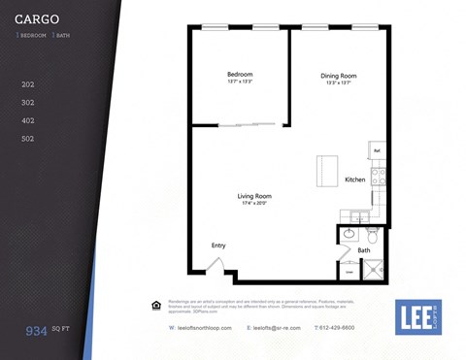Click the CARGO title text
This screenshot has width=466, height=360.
tap(37, 18)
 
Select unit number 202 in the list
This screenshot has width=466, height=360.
tap(28, 84)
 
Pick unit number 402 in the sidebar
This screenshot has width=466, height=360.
tap(28, 120)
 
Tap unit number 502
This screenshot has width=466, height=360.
tap(28, 139)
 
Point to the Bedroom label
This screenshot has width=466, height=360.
tap(240, 75)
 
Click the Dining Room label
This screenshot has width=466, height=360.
tap(340, 75)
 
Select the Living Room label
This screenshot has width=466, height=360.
tap(253, 197)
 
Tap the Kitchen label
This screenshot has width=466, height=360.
tap(355, 180)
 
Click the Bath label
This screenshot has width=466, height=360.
tap(364, 250)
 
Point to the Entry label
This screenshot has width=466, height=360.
tap(218, 245)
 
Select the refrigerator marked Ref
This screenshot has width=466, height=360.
tap(378, 151)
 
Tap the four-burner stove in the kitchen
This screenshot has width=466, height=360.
tap(380, 177)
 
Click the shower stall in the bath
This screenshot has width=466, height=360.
tap(373, 269)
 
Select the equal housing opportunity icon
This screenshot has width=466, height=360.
tap(155, 306)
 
